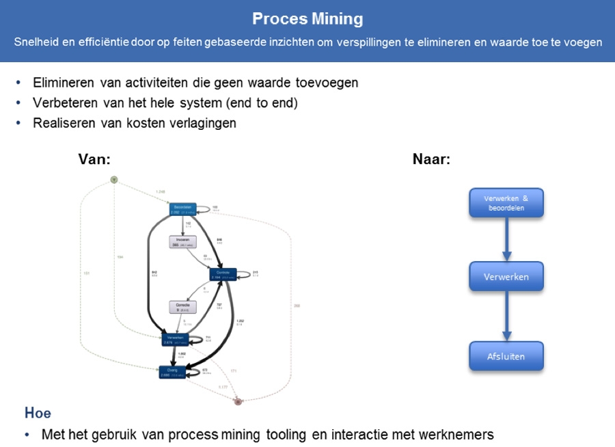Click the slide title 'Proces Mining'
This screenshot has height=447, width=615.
point(307,18)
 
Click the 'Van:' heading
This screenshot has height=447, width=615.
point(94,159)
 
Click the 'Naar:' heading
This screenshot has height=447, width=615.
point(431,159)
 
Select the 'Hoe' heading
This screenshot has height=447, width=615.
point(38,413)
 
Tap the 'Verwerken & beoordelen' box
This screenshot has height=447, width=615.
point(506,203)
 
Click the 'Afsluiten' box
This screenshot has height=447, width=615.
point(506,356)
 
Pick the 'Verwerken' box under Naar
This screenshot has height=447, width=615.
point(506,277)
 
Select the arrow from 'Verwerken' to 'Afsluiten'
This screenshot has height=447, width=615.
point(506,316)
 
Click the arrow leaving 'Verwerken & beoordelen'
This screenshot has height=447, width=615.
point(506,239)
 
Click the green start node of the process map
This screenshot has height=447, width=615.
point(114,180)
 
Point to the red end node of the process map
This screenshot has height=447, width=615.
point(238,401)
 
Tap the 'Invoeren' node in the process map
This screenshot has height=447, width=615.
point(182,241)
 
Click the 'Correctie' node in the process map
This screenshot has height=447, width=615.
point(182,308)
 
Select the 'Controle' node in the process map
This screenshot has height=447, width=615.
point(223,274)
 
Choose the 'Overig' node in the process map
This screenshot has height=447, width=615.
point(173,371)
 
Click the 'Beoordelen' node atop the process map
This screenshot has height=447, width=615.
point(182,209)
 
